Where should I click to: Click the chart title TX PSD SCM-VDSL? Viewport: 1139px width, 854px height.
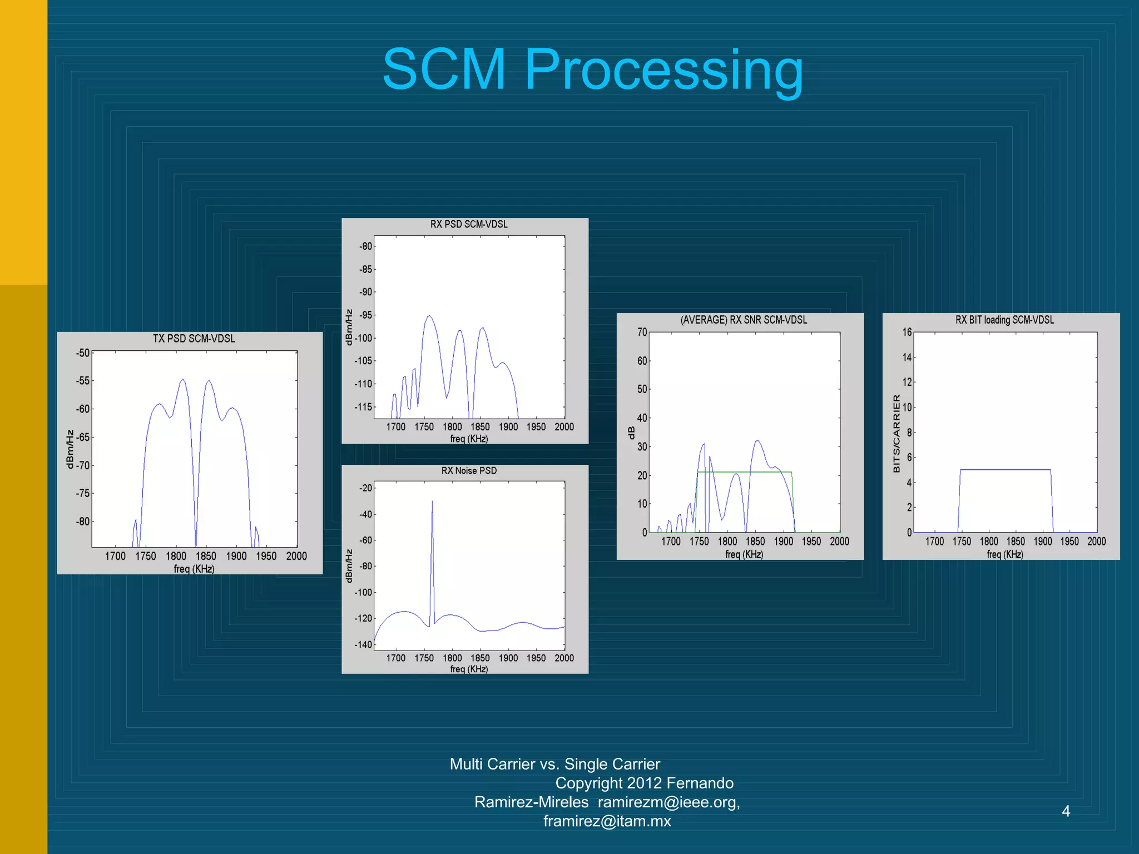click(x=194, y=339)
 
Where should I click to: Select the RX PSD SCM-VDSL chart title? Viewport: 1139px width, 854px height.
click(x=469, y=224)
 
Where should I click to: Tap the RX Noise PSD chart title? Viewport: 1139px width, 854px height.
click(x=469, y=470)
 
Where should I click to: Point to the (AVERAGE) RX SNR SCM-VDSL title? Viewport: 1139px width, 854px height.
click(x=744, y=320)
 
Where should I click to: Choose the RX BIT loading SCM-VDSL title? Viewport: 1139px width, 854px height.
click(x=1004, y=320)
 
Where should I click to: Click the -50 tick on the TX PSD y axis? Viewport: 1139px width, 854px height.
click(x=83, y=352)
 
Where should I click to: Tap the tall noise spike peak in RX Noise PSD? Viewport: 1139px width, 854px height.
click(x=432, y=502)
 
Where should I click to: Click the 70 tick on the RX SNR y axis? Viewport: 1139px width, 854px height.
click(x=642, y=332)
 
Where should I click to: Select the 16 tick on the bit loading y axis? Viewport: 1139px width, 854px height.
click(x=907, y=332)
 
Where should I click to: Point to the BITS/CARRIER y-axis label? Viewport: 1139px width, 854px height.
click(x=896, y=434)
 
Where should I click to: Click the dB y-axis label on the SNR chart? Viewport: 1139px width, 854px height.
click(x=631, y=432)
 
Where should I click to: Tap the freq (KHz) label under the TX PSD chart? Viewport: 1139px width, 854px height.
click(x=194, y=569)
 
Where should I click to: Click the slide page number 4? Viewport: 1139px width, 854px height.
click(x=1066, y=811)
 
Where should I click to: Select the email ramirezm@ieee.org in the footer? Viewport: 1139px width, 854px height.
click(x=668, y=802)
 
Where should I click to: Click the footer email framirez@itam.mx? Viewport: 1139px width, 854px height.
click(x=607, y=821)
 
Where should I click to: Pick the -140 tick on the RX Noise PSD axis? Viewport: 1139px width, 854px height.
click(x=364, y=644)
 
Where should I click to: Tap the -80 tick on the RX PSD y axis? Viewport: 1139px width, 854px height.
click(x=365, y=246)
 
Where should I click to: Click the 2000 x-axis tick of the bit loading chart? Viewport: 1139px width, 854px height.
click(x=1096, y=541)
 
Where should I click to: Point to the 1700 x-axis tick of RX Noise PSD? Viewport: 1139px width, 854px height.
click(x=396, y=658)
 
